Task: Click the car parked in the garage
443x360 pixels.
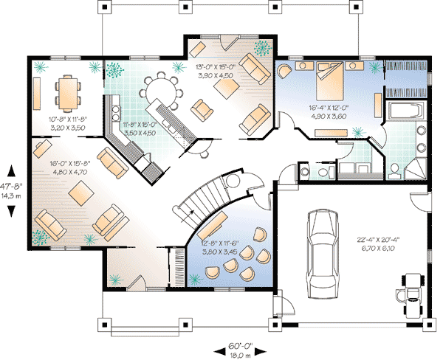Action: coord(323,254)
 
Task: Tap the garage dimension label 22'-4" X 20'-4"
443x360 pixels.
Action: coord(379,240)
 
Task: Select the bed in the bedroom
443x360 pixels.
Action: coord(330,81)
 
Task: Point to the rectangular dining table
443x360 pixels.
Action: coord(68,93)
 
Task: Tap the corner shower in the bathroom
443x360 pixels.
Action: coord(416,169)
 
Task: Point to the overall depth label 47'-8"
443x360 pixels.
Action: coord(11,187)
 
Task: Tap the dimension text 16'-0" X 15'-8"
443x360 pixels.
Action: coord(70,164)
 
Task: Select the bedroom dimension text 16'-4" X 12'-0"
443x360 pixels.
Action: coord(329,108)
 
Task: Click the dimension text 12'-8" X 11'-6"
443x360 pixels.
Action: coord(220,243)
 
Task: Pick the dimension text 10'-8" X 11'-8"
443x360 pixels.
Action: coord(68,120)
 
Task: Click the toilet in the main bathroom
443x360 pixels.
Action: coord(394,171)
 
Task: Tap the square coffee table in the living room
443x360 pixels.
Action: coord(81,193)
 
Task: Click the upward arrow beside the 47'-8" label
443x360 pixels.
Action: coord(11,171)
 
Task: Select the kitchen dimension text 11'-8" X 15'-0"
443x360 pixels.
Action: coord(140,124)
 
